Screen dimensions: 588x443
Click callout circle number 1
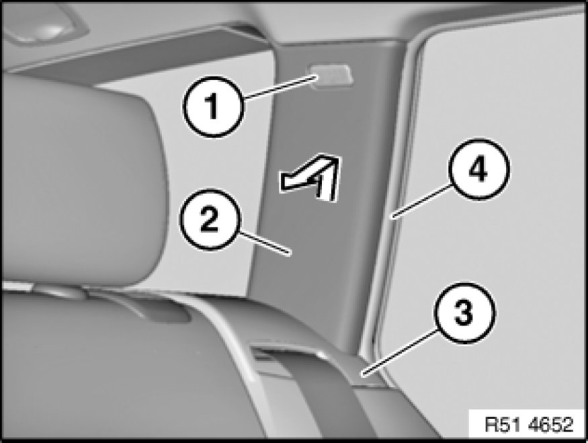click(x=214, y=106)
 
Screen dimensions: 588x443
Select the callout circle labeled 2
click(x=210, y=219)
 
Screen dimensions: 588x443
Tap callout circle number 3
click(x=464, y=313)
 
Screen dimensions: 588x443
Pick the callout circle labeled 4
click(x=479, y=169)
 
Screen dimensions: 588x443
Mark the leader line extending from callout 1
click(x=280, y=87)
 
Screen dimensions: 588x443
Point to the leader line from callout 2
click(x=265, y=244)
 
